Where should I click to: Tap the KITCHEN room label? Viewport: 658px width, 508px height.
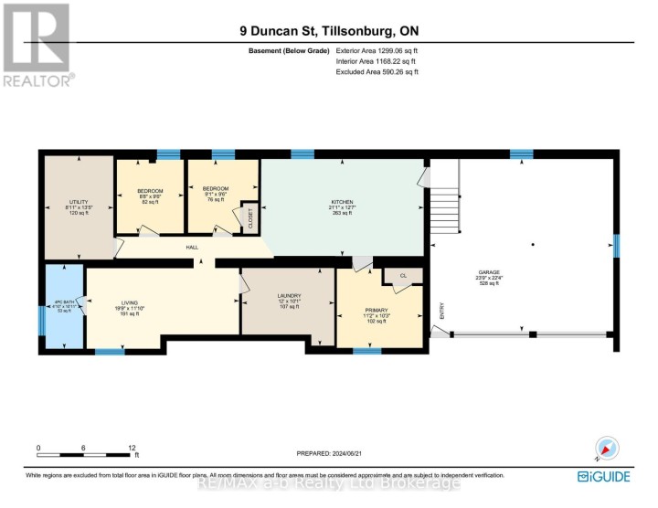pos(342,202)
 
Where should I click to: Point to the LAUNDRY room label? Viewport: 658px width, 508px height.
pos(290,296)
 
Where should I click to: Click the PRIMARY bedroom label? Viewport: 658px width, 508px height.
pos(376,312)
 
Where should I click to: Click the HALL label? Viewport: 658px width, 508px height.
pos(193,247)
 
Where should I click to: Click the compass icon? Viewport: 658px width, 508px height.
pos(607,448)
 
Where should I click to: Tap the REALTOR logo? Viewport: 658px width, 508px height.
pos(37,46)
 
